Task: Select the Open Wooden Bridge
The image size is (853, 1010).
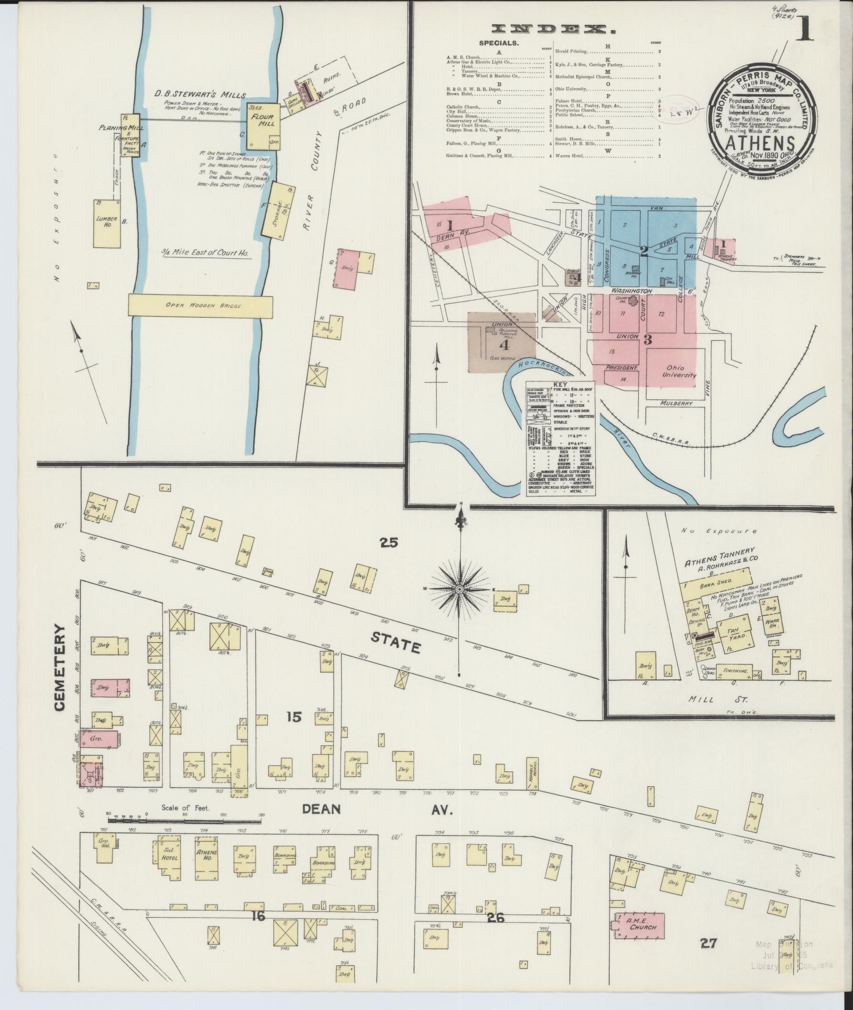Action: pos(201,305)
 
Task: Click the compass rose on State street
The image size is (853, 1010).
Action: pos(460,590)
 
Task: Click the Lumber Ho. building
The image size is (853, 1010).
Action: pos(106,223)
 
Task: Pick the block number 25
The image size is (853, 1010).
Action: pos(389,542)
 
